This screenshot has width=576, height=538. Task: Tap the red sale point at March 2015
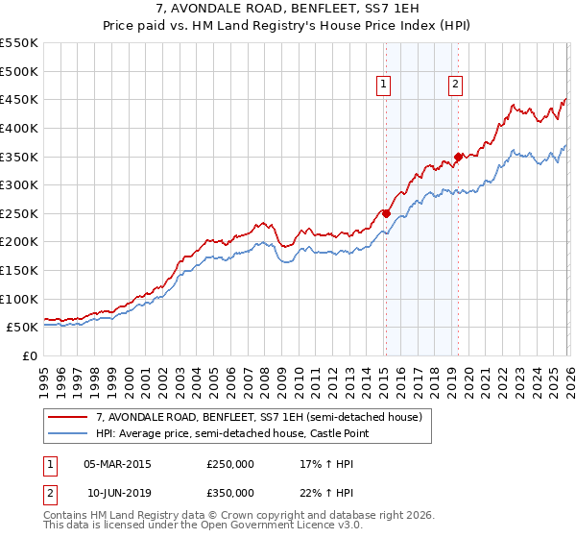[x=386, y=213]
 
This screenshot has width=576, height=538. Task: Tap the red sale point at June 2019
[x=459, y=157]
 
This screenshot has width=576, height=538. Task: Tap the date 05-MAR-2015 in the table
[x=117, y=464]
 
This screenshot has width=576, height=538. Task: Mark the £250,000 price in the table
[x=230, y=464]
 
